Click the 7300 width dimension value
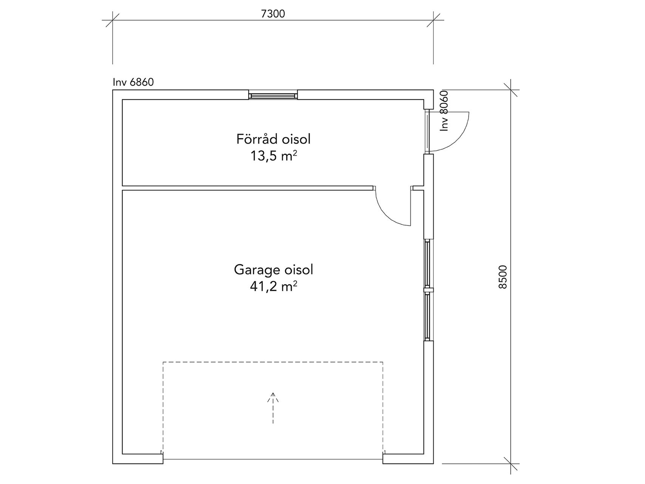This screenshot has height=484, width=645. (273, 14)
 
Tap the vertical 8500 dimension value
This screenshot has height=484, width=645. (502, 277)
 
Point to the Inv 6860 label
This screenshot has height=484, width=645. (133, 82)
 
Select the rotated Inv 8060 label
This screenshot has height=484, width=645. (444, 111)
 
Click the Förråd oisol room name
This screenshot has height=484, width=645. (274, 139)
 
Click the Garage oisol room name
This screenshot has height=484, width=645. (274, 270)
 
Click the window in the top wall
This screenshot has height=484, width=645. (273, 95)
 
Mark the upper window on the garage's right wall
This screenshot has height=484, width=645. (428, 263)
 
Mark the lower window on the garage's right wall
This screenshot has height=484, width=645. (428, 316)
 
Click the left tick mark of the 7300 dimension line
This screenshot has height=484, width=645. (113, 20)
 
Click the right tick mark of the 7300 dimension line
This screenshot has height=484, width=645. (433, 20)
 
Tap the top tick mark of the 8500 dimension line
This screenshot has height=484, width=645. (511, 90)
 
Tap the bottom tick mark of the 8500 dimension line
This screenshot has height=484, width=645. (511, 464)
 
